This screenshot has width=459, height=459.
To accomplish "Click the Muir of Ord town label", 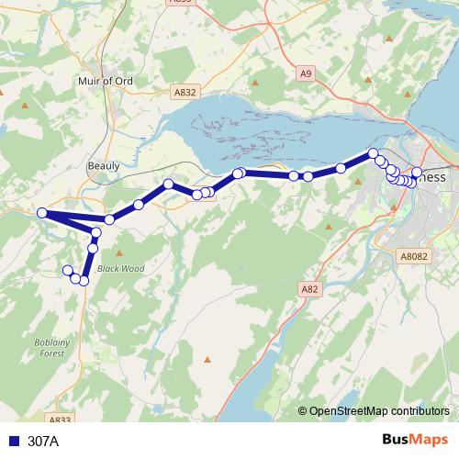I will click(106, 81).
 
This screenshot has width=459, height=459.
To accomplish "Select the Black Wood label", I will click(121, 269).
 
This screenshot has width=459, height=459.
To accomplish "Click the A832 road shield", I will click(185, 92).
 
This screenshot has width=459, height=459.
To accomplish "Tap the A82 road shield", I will click(309, 289).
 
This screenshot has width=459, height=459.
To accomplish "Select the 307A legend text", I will click(43, 441).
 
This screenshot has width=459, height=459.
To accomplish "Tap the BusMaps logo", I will click(415, 440).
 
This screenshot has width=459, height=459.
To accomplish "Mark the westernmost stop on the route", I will click(42, 214).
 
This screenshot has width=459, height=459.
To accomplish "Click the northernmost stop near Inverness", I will click(374, 153).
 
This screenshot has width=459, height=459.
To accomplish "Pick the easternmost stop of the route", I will click(416, 173).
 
